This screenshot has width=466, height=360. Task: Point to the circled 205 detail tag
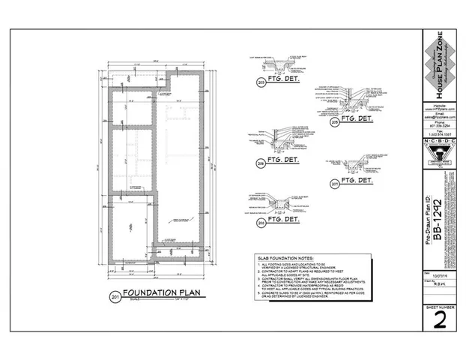click(x=261, y=222)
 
